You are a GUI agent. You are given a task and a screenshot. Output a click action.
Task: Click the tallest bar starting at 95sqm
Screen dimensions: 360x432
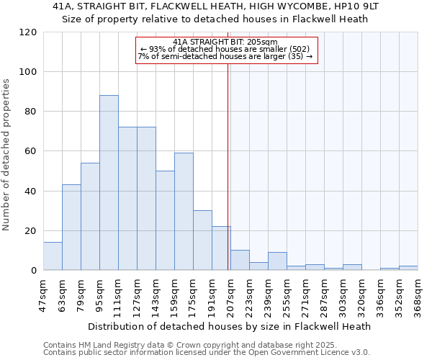pos(109,183)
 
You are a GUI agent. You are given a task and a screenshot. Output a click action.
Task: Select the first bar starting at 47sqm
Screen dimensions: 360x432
pos(53,256)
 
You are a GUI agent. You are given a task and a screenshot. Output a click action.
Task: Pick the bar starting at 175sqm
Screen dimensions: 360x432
pos(202,240)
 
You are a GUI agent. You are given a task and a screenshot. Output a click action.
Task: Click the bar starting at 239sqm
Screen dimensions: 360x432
pos(277,261)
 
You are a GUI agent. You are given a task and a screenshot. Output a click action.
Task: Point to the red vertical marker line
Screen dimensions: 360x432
pos(228,166)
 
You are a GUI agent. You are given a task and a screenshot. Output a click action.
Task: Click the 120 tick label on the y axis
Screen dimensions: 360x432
pos(29,32)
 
